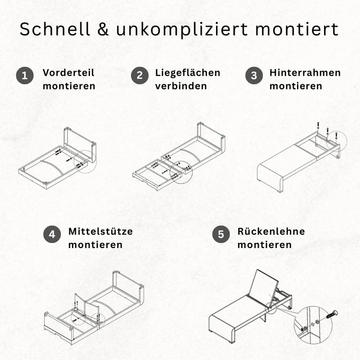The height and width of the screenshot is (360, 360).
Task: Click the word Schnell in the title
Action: tap(54, 29)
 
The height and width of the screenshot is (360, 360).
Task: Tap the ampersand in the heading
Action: tap(103, 29)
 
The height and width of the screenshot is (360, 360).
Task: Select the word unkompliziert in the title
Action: tap(182, 30)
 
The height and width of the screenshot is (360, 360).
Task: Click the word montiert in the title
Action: tap(297, 29)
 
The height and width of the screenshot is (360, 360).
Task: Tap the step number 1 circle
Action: tap(25, 75)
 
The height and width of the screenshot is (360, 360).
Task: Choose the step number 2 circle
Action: tap(139, 75)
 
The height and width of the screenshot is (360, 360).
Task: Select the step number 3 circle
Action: tap(254, 75)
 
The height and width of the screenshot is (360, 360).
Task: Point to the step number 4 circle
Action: tap(52, 234)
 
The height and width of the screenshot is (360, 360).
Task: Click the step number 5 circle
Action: tap(221, 234)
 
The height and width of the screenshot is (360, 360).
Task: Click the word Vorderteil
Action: tap(68, 72)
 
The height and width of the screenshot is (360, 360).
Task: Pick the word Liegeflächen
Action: tap(188, 72)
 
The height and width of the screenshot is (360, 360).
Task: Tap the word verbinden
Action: tap(181, 86)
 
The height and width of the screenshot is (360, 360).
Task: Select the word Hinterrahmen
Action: tap(305, 72)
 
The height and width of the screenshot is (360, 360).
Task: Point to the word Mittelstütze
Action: tap(100, 231)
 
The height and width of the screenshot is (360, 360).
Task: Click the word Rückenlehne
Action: tap(271, 231)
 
